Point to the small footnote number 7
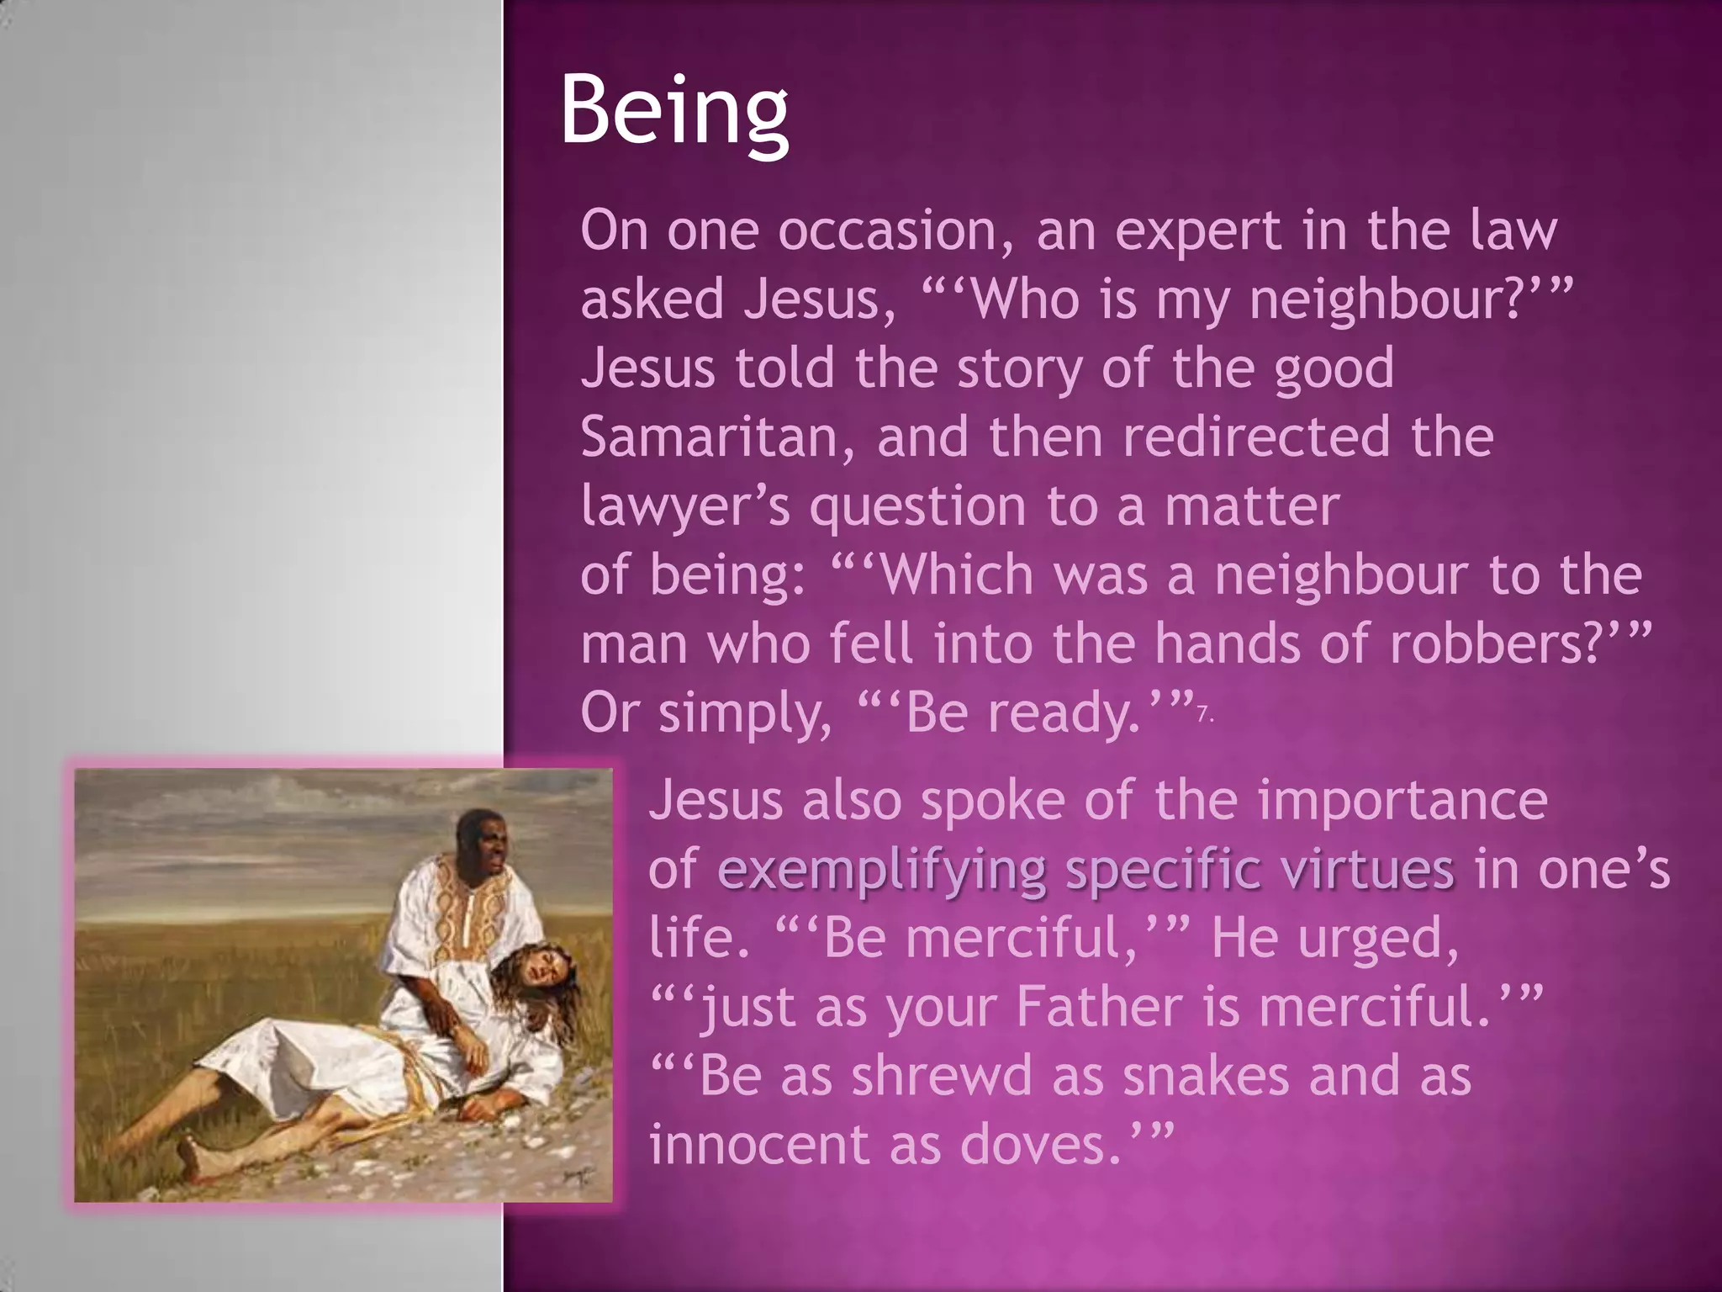(1204, 716)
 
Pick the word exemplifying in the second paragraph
(882, 871)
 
